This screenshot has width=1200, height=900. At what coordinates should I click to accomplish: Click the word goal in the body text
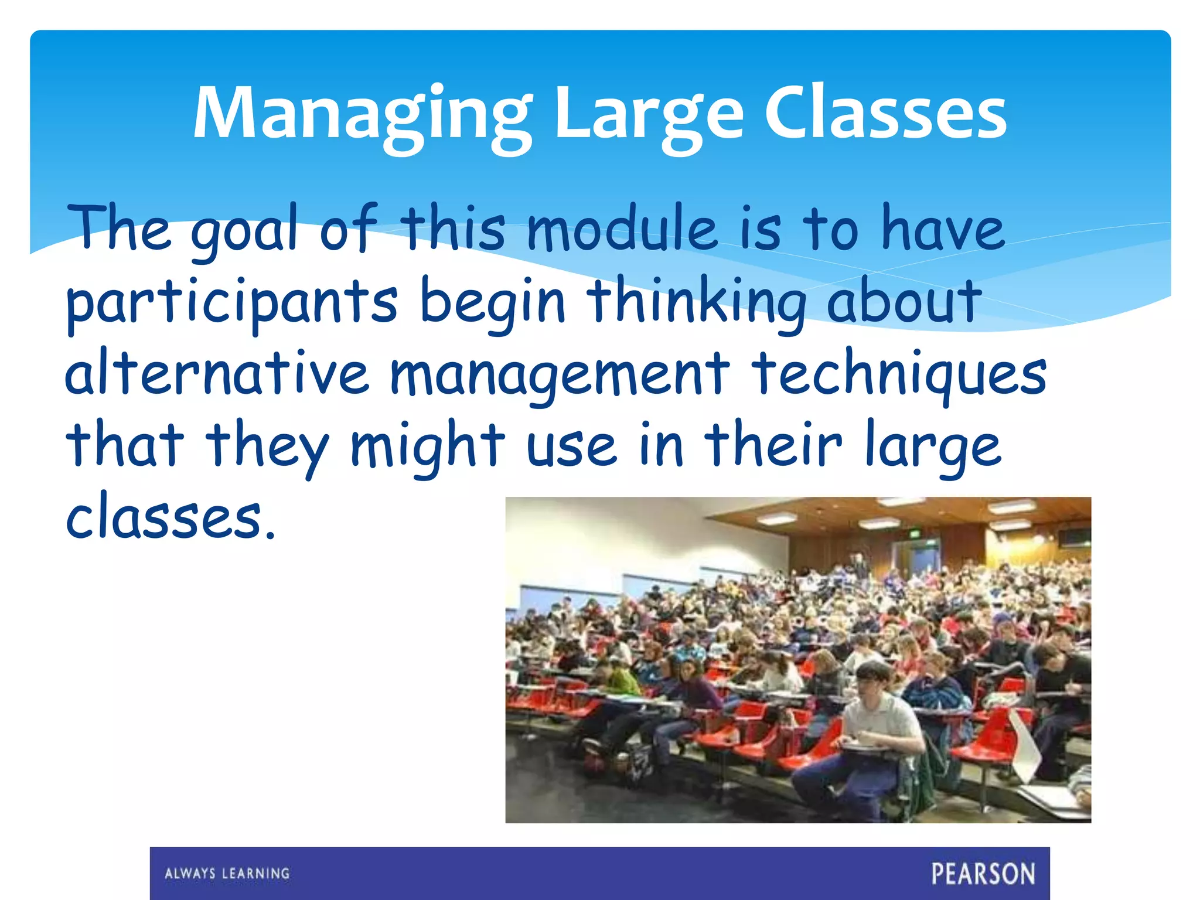(x=244, y=230)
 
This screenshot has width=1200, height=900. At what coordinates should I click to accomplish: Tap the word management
(x=560, y=375)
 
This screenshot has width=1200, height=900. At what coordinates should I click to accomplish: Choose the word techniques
(x=899, y=375)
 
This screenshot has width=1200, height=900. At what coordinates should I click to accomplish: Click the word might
(x=427, y=446)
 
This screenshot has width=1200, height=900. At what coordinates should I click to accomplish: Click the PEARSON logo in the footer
(x=983, y=874)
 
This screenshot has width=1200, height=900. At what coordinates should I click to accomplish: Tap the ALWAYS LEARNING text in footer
(x=227, y=874)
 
